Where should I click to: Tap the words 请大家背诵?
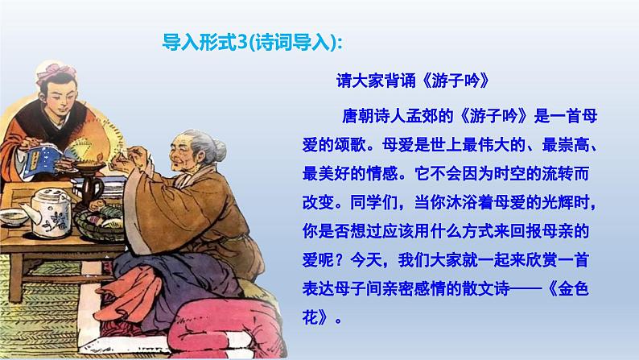pos(373,81)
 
